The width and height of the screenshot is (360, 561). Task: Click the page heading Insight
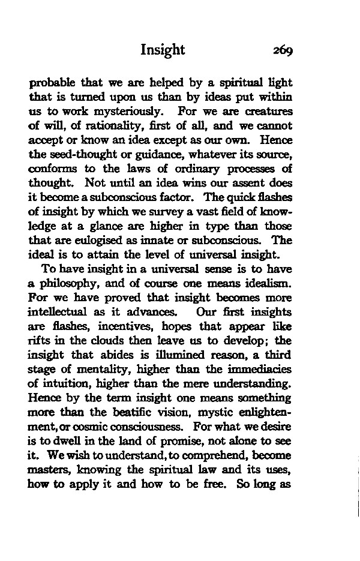coord(163,50)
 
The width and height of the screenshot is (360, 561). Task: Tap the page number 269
coord(280,50)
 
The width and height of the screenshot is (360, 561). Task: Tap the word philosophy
coord(70,285)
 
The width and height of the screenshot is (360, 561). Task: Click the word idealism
coord(266,285)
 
